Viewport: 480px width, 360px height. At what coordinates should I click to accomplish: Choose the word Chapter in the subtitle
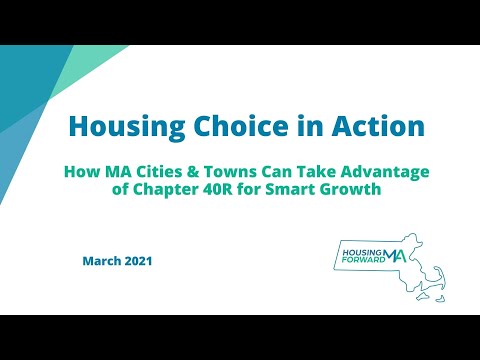coord(166,190)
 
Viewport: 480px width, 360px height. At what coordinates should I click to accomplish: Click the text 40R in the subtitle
coord(220,190)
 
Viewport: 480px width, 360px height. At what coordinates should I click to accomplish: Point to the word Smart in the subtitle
coord(293,190)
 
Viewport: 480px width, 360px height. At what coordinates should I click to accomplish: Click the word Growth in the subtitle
coord(350,190)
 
